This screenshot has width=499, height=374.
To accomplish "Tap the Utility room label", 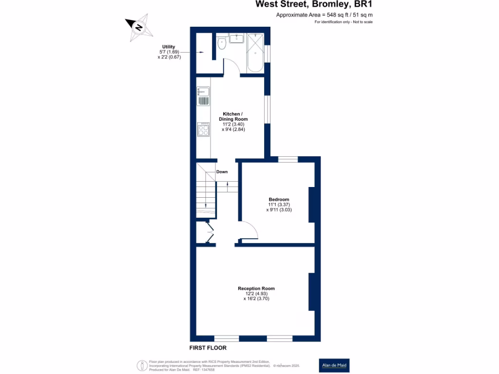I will (x=169, y=47).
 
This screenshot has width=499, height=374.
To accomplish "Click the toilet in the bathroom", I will (x=222, y=43).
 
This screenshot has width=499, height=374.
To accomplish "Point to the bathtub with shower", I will (x=255, y=53).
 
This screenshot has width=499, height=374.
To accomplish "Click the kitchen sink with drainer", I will (x=203, y=96).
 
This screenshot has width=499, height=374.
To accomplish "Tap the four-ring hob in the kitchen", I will (x=203, y=130).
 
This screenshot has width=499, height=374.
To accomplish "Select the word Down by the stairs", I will (x=222, y=171).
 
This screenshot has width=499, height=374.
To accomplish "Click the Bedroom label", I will (x=279, y=199).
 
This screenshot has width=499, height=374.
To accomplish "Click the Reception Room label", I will (x=256, y=288).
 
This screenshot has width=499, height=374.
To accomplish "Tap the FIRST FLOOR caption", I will (x=208, y=348).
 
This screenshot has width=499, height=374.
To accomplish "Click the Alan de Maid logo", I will (x=334, y=365).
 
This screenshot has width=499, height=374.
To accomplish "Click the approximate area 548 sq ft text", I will (x=324, y=15).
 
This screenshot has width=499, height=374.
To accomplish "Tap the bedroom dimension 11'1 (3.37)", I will (x=279, y=205).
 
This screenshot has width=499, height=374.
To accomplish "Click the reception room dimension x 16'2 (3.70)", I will (x=256, y=299).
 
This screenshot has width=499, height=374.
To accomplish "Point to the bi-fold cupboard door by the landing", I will (x=209, y=232).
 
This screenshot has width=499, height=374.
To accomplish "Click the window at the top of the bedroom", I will (x=288, y=159).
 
